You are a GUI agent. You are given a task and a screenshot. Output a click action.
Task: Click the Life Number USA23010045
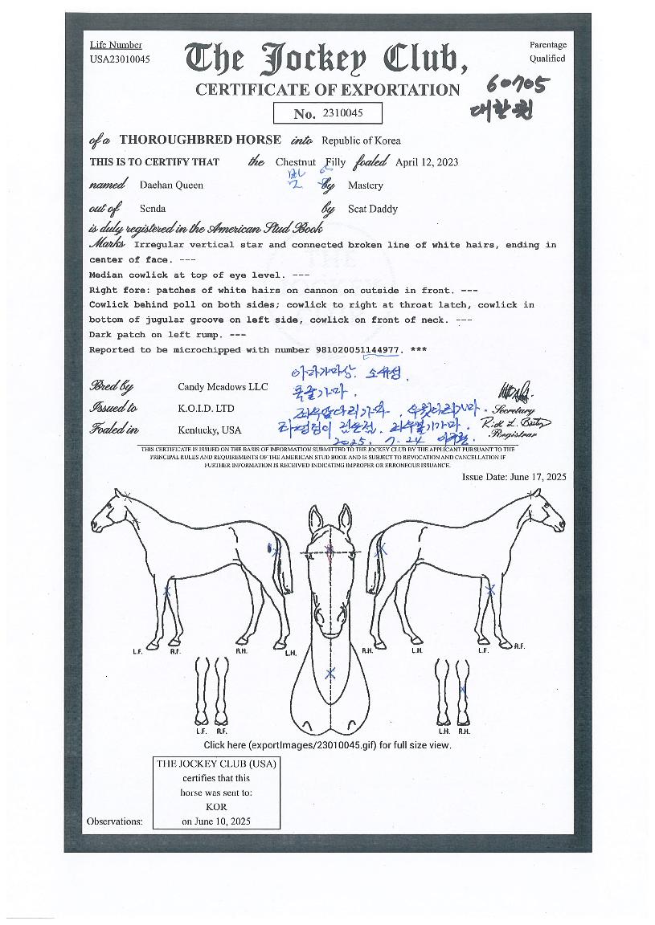[120, 59]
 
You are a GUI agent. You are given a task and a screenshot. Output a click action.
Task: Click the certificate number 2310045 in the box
[342, 113]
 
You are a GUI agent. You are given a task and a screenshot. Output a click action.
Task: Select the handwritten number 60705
[519, 84]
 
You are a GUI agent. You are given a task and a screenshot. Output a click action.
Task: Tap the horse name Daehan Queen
[171, 185]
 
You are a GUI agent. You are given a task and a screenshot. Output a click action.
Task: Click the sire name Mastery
[365, 185]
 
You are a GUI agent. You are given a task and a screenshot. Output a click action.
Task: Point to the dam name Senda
[153, 209]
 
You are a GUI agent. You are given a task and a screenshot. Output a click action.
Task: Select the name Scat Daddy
[372, 209]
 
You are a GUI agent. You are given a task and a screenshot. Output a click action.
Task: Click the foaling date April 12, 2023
[427, 161]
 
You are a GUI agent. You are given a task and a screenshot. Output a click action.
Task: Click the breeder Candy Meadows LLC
[223, 386]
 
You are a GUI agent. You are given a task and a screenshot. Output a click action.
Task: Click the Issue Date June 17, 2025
[514, 476]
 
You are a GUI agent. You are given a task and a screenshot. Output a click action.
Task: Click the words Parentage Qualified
[547, 51]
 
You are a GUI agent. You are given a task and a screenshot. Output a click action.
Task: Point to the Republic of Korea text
[361, 140]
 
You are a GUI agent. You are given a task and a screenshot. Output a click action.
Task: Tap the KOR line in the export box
[216, 806]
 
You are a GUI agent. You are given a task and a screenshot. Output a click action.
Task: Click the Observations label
[115, 821]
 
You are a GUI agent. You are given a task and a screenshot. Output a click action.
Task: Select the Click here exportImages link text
[327, 745]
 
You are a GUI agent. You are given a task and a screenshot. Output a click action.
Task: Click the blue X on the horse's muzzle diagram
[330, 674]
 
